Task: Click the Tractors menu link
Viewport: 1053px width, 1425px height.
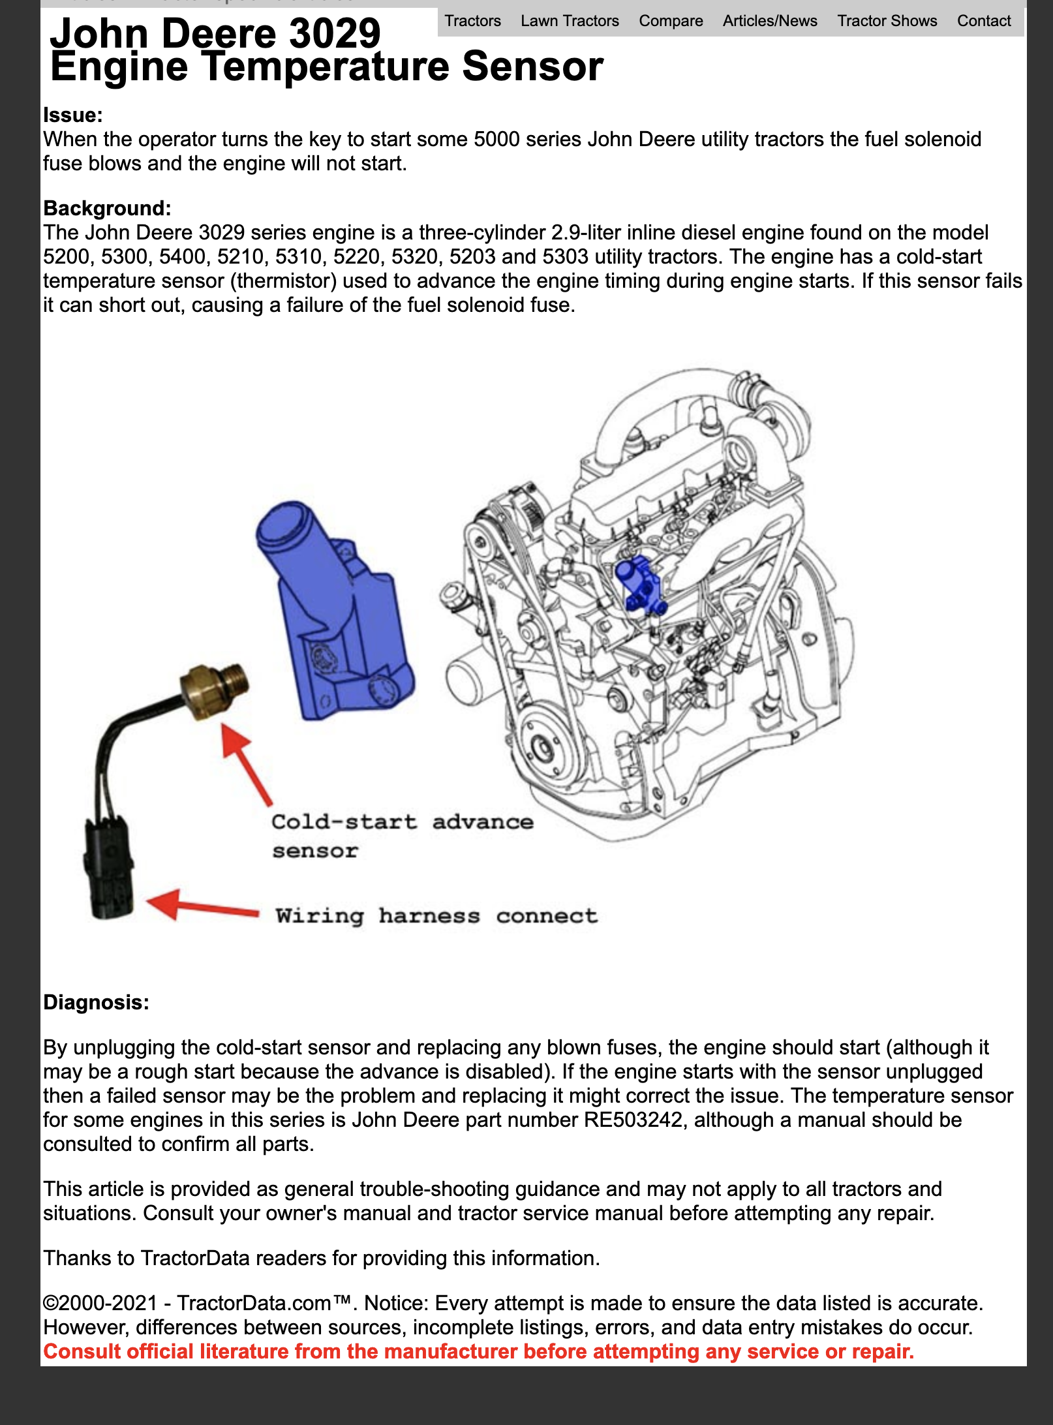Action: (472, 21)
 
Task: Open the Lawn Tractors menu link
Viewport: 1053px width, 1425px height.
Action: (570, 21)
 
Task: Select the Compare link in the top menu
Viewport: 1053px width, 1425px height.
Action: (671, 21)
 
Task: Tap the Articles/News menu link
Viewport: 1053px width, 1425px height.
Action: (770, 21)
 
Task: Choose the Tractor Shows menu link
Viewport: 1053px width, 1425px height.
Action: (887, 21)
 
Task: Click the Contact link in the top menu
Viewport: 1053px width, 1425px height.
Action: (984, 21)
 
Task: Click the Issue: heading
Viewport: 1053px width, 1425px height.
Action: (73, 115)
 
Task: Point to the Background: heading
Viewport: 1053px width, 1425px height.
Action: (107, 209)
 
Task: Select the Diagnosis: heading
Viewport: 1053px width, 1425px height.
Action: (96, 1002)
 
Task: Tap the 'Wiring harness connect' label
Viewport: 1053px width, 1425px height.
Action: (436, 916)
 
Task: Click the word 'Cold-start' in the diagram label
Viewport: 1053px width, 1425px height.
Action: (344, 821)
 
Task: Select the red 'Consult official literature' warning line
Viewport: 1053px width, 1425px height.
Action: (478, 1351)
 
